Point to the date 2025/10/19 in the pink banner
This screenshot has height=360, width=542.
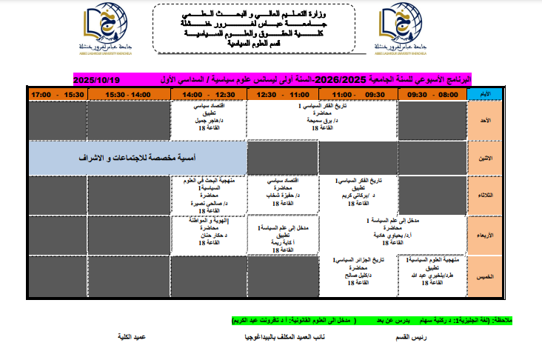(x=96, y=79)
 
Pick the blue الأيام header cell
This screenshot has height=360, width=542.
(x=486, y=94)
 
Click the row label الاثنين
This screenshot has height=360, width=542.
(x=486, y=158)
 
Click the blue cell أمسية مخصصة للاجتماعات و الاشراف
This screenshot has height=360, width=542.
(x=138, y=158)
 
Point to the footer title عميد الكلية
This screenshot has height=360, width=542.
(x=132, y=336)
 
